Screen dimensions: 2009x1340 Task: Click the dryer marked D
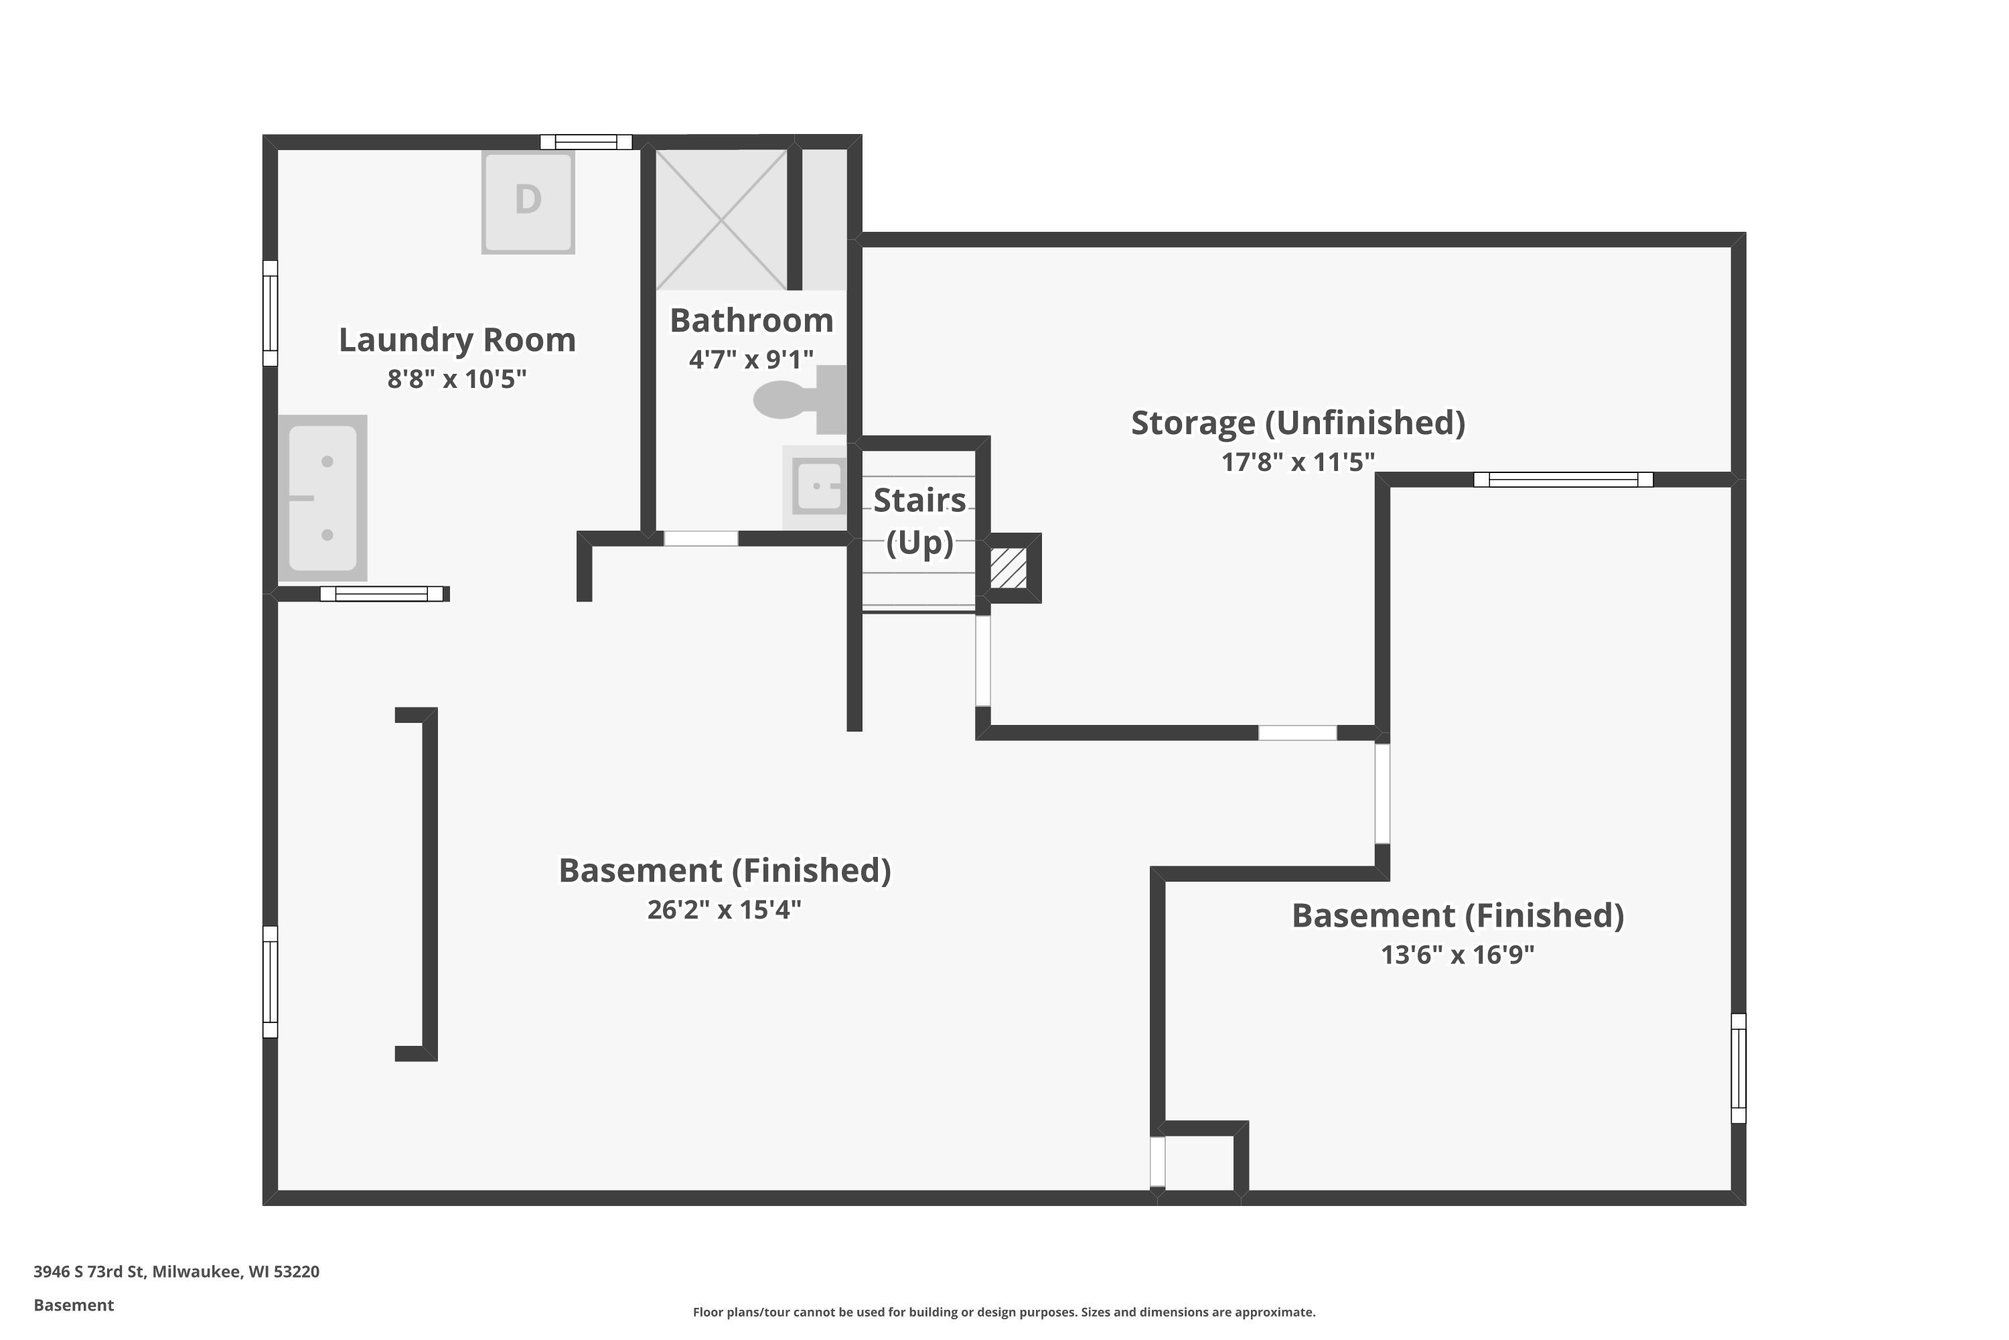(528, 202)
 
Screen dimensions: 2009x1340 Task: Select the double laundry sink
(323, 498)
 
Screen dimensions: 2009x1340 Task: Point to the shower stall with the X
(722, 220)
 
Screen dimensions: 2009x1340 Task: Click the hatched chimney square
(1009, 567)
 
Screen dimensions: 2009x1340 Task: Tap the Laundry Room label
(457, 339)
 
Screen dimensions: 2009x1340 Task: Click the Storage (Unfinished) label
(1298, 422)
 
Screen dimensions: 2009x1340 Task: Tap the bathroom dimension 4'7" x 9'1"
(751, 359)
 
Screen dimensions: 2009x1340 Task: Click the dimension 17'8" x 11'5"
(1298, 462)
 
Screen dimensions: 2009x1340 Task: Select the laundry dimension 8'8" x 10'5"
(457, 379)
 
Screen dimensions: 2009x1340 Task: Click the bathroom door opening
(701, 539)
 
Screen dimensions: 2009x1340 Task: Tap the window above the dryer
(586, 142)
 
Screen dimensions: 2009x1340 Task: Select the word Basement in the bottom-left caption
(74, 1305)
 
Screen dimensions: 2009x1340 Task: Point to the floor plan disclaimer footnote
(1004, 1312)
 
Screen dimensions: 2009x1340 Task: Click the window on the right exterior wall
(1738, 1068)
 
